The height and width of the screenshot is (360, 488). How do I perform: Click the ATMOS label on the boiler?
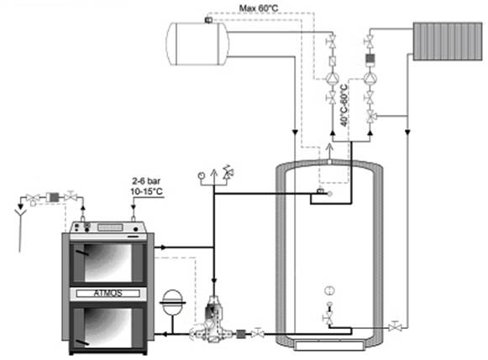click(x=108, y=293)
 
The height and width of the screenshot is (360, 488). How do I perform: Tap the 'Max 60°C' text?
click(x=259, y=8)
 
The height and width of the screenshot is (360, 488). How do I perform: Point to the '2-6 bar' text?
click(x=146, y=181)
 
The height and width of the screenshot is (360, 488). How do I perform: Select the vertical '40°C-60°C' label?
click(x=344, y=105)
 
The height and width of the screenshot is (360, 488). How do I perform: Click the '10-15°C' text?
click(x=147, y=191)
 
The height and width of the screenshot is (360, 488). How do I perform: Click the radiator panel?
click(x=448, y=41)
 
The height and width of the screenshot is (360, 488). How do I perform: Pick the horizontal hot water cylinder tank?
click(x=198, y=44)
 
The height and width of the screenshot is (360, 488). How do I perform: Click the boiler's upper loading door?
click(x=108, y=263)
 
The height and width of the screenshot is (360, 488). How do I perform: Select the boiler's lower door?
click(x=108, y=328)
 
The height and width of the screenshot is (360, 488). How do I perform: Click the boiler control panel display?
click(x=110, y=227)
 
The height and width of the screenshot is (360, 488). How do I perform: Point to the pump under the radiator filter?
click(x=370, y=78)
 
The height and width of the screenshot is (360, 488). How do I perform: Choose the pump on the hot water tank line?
click(x=332, y=78)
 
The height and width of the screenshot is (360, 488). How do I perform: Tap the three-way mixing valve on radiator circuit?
click(x=371, y=117)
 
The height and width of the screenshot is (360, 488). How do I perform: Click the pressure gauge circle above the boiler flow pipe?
click(x=201, y=175)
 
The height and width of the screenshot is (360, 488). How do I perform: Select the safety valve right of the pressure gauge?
click(x=228, y=172)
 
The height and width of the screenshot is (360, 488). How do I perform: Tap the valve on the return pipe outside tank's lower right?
click(x=395, y=327)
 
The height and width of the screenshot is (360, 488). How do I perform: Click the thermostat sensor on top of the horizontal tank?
click(x=208, y=20)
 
